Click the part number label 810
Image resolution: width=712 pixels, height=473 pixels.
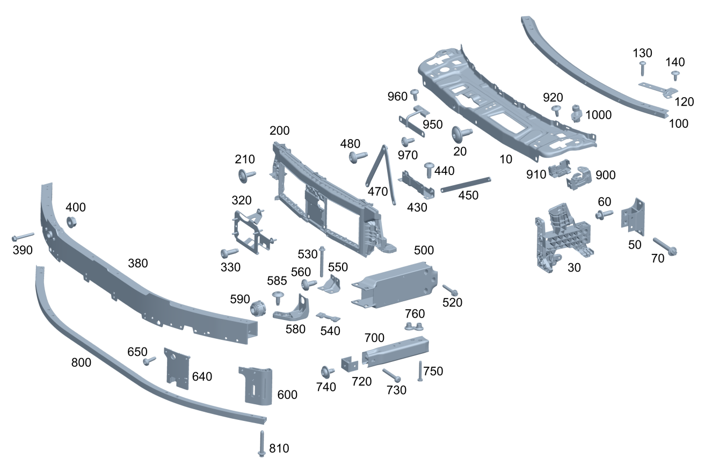279,448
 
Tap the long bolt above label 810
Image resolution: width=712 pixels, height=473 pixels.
262,443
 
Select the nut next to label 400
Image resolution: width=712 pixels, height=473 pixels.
71,221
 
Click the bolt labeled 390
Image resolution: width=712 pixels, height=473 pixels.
23,236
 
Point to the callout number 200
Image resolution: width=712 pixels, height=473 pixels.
279,130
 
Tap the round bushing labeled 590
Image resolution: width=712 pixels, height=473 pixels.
259,309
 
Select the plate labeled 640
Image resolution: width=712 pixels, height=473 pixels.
177,367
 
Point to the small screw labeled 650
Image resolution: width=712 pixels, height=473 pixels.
149,361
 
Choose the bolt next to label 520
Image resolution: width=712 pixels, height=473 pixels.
449,290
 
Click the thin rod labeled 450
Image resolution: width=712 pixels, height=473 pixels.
465,184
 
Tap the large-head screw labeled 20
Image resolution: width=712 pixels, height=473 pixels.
461,132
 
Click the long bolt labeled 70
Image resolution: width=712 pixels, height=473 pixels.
664,246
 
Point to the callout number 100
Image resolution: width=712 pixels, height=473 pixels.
679,123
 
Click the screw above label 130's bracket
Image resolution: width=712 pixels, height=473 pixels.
642,68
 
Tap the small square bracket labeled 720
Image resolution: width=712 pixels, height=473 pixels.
349,364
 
